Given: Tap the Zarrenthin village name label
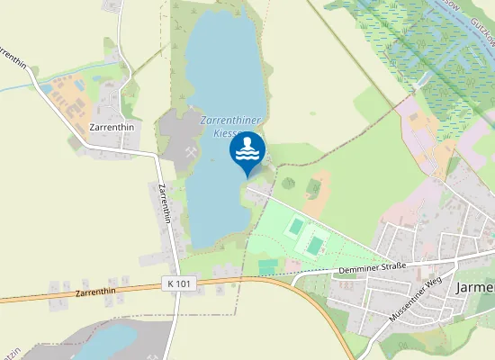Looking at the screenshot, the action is coord(112,128).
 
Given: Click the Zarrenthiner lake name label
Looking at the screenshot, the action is coord(225,125).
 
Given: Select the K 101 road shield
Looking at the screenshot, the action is coord(179,283).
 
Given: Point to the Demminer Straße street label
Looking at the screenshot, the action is coord(373,268).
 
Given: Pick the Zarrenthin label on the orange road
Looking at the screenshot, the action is coord(98,292).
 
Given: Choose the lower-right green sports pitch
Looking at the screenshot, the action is coord(315,243).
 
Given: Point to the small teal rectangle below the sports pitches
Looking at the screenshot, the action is coord(268,266).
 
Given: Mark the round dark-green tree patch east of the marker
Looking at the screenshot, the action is coord(288,183).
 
